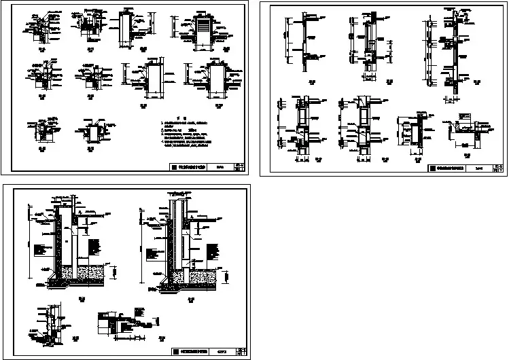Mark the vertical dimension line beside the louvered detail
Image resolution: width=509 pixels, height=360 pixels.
click(x=173, y=29)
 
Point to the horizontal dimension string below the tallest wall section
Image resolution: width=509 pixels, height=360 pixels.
click(x=449, y=100)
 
